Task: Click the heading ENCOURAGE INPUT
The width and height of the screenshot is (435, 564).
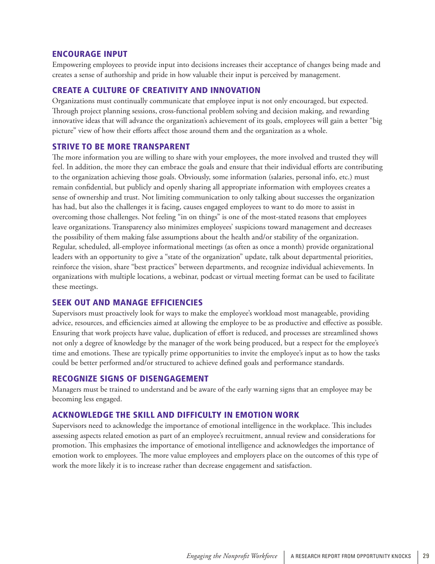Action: tap(90, 54)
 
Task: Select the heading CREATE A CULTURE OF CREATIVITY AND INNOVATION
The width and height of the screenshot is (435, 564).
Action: tap(156, 90)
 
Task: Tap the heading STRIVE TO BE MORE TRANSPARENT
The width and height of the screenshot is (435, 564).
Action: tap(121, 147)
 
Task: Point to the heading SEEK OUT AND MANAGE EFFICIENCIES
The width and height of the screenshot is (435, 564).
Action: tap(127, 303)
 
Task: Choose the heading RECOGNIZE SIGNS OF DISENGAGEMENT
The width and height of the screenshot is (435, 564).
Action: tap(130, 379)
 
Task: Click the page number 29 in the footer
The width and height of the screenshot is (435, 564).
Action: tap(426, 556)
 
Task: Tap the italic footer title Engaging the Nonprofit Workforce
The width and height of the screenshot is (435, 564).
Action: tap(232, 556)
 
